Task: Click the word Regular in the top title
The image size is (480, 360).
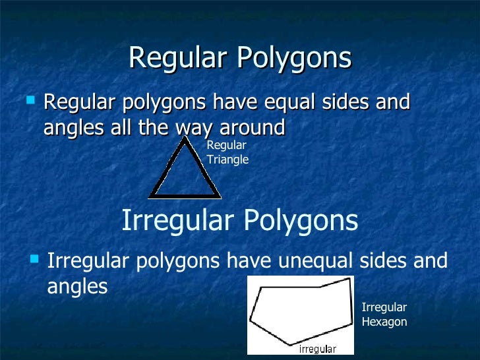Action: (177, 58)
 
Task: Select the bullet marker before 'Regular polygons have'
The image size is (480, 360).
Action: (29, 101)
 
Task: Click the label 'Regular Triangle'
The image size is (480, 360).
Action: (227, 152)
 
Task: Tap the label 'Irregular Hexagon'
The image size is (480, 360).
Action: (384, 315)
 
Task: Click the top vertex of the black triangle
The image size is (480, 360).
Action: (185, 139)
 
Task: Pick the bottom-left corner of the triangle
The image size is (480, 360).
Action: (150, 196)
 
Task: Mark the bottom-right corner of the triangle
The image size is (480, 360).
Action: (220, 196)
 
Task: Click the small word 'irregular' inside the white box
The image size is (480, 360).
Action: (318, 349)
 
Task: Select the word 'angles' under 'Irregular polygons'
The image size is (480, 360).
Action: (77, 287)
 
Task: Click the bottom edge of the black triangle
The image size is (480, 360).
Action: (185, 195)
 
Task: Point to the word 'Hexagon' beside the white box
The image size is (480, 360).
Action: (384, 322)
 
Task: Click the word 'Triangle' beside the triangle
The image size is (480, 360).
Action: (227, 160)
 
